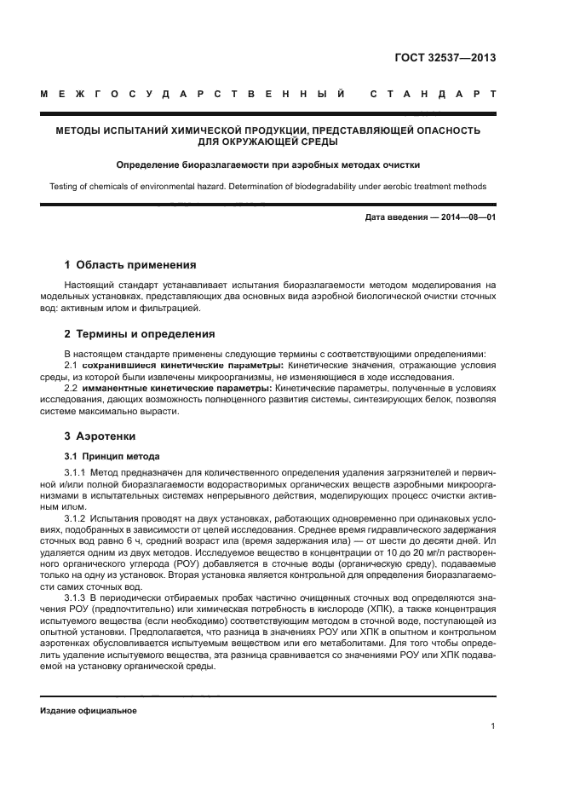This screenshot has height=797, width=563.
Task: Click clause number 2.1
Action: [72, 365]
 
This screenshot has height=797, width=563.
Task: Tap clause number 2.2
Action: [72, 388]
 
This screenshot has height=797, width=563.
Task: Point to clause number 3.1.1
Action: [76, 472]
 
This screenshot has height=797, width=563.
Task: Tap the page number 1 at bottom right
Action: [493, 727]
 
